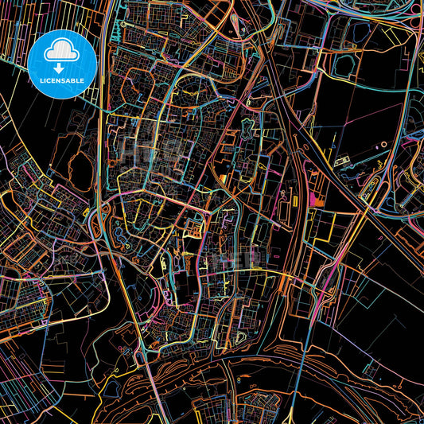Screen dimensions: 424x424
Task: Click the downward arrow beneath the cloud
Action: (x=62, y=67)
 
